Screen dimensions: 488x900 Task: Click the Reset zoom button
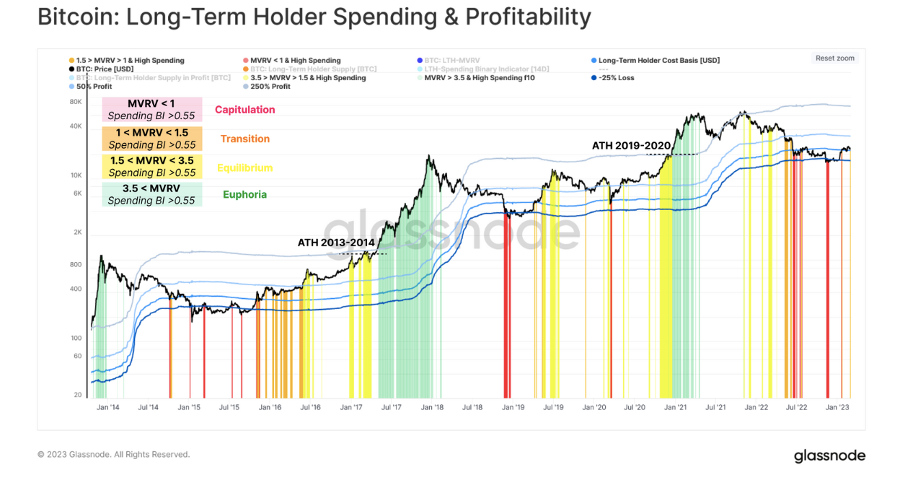pos(835,58)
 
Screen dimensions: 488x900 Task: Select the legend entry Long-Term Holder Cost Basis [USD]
pos(658,61)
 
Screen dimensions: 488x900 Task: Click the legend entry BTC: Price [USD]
pos(105,69)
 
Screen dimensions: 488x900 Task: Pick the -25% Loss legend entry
pos(616,78)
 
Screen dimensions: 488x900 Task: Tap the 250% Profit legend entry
pos(270,87)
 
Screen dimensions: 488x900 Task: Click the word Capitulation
pos(244,110)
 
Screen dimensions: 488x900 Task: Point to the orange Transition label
pos(244,139)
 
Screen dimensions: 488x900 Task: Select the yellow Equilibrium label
pos(244,168)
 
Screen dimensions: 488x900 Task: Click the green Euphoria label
pos(244,194)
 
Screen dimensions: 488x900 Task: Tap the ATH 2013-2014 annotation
pos(336,243)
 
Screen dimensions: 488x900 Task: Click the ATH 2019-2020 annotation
pos(631,146)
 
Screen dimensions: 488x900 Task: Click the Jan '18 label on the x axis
pos(432,408)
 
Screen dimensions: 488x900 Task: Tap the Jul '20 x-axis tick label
pos(635,408)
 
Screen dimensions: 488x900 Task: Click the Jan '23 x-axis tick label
pos(837,408)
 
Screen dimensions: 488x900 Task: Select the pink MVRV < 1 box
pos(151,110)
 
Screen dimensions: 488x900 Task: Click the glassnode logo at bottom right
pos(829,456)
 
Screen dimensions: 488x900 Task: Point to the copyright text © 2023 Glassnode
pos(113,455)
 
